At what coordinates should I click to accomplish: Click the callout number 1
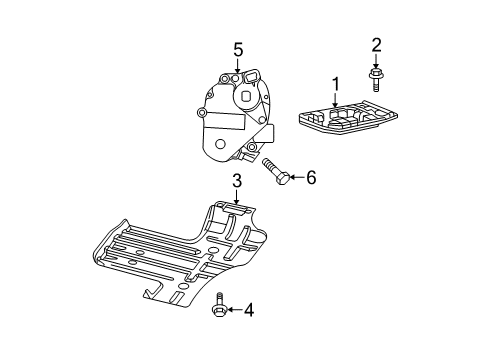coord(336,84)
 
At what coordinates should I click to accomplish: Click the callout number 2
coord(376,44)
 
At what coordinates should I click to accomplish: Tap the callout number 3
coord(237,181)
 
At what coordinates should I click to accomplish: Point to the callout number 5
coord(238,48)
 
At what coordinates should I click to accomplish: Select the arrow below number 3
coord(237,198)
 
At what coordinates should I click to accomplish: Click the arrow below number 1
coord(336,99)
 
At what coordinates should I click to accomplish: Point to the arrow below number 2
coord(376,59)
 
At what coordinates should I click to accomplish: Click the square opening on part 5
coord(247,98)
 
